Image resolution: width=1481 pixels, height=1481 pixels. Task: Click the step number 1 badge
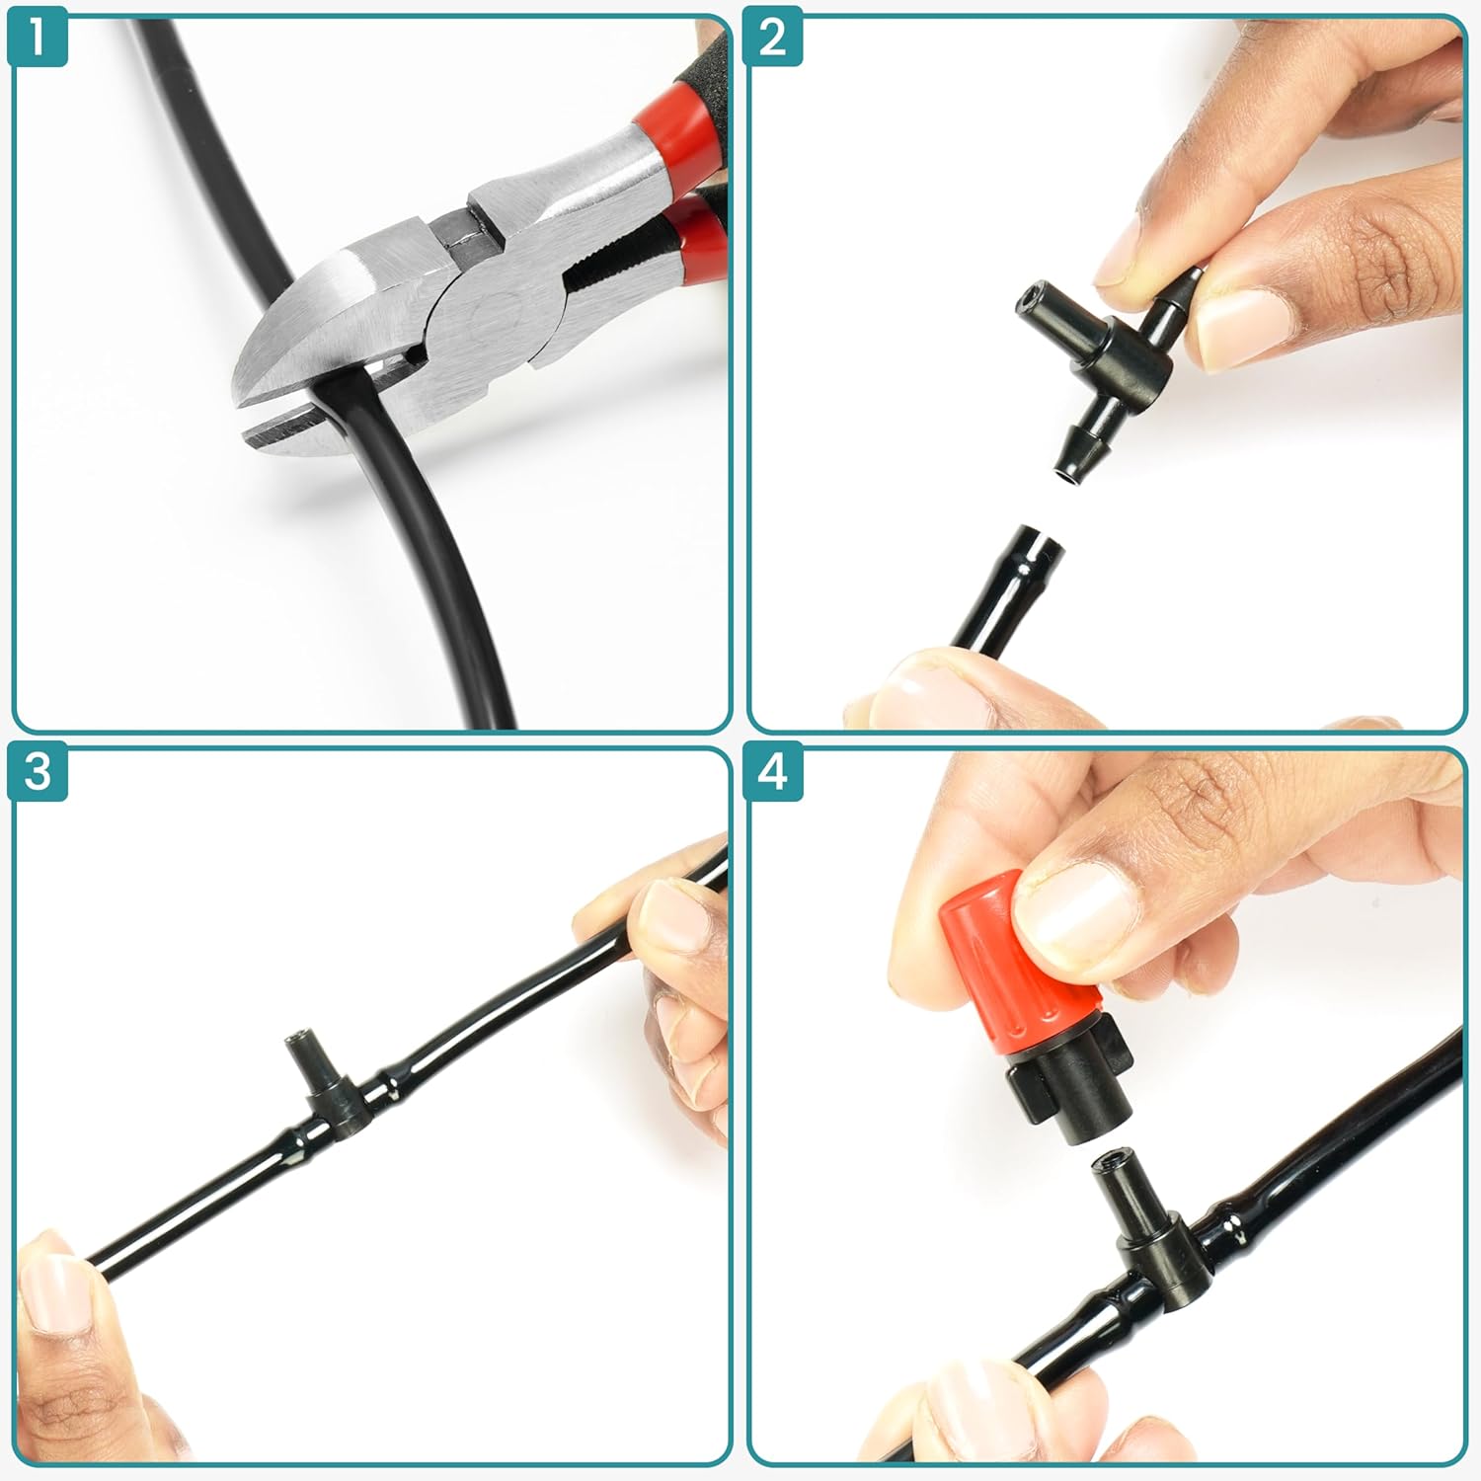(38, 38)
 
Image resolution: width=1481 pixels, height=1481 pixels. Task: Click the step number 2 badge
(773, 38)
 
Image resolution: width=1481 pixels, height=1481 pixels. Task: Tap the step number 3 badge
(38, 770)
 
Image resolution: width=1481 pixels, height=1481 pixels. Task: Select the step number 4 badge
(773, 770)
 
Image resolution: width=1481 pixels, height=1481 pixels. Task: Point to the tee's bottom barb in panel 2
(1071, 449)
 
